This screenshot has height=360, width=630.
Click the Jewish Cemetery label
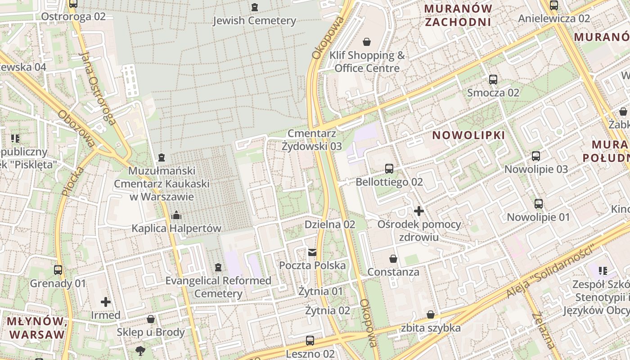click(254, 20)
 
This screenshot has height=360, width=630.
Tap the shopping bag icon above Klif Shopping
click(367, 42)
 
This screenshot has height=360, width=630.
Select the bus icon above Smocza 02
click(493, 80)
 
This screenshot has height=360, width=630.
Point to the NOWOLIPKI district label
click(468, 135)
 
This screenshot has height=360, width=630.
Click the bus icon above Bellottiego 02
click(389, 169)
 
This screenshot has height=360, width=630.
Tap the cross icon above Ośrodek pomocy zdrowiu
click(419, 211)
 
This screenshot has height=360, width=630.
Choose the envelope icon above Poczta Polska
click(312, 252)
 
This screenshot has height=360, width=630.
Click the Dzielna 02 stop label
click(330, 224)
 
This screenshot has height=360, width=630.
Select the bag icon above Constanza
click(393, 259)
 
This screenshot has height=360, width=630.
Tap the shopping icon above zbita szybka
click(431, 315)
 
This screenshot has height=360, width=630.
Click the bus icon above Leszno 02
click(310, 340)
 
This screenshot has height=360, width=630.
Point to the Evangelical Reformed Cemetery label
click(218, 287)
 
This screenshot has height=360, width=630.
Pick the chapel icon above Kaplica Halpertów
click(176, 215)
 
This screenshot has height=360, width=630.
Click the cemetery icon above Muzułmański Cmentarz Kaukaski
click(162, 157)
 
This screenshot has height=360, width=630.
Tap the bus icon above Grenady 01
click(58, 270)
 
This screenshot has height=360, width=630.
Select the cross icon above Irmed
click(106, 301)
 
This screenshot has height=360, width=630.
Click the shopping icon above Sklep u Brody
click(151, 319)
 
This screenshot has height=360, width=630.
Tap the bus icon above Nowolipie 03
click(536, 156)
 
